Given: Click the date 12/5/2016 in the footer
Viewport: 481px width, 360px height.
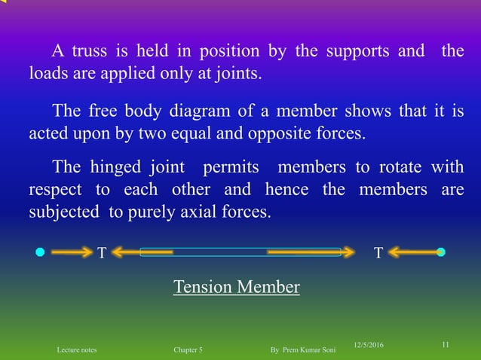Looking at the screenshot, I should [x=369, y=345].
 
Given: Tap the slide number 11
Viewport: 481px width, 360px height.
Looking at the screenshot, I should [x=446, y=345].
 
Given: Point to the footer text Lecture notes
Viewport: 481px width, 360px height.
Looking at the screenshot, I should [x=77, y=350].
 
